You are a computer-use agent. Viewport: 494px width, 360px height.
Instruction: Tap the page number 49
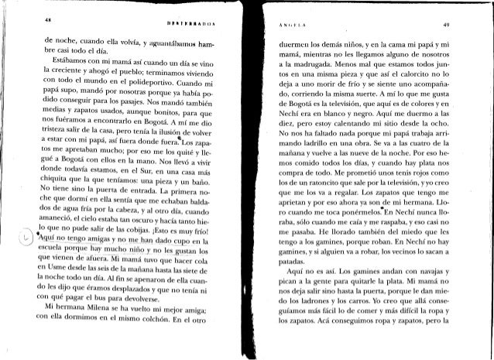click(x=457, y=22)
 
